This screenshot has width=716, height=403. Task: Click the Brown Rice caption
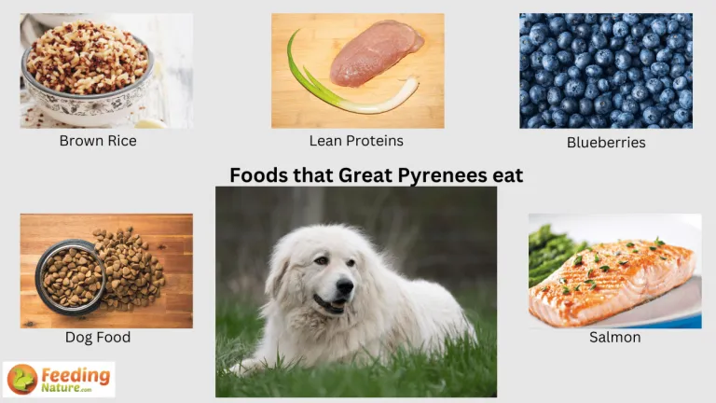[x=97, y=141]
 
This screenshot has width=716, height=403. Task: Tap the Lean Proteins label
[x=356, y=141]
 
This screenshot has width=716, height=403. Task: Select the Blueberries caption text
[x=606, y=143]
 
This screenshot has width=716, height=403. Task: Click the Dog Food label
[x=97, y=338]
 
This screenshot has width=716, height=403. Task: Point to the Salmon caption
[x=614, y=338]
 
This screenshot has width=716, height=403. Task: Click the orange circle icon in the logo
[x=21, y=379]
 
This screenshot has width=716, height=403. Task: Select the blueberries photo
[x=605, y=70]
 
